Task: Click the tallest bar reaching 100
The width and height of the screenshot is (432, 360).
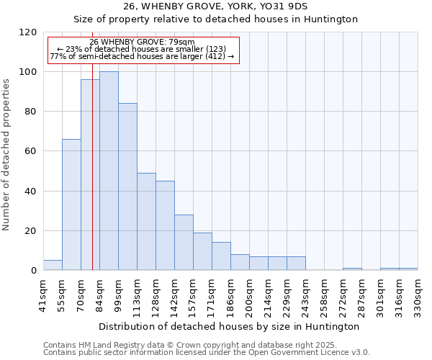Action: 109,171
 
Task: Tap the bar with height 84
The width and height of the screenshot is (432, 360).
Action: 127,187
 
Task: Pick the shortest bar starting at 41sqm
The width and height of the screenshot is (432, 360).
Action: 53,265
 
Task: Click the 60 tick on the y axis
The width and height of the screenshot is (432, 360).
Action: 30,152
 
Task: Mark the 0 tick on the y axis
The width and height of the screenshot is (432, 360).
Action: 33,271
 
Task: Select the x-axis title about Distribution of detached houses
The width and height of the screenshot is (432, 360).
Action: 230,326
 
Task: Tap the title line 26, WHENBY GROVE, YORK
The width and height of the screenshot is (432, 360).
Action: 230,6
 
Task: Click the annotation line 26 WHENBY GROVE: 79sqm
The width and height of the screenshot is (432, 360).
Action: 142,42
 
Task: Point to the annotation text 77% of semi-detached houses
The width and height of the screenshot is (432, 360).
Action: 142,56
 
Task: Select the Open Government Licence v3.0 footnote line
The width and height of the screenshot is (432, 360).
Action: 207,353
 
